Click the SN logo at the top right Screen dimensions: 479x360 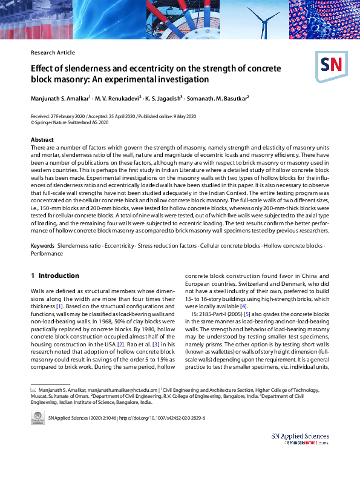coord(331,64)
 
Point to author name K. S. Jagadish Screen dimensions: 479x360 coord(165,97)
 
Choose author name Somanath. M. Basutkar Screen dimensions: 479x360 coord(218,97)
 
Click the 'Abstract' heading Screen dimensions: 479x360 coord(42,140)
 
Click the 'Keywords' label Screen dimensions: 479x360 coord(42,246)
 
